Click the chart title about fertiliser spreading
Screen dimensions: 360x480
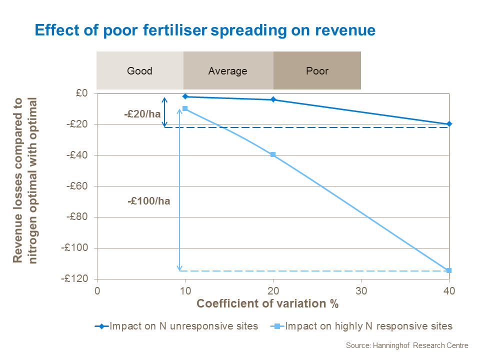[204, 30]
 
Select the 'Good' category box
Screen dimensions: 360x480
[139, 70]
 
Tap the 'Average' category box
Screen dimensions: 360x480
[228, 70]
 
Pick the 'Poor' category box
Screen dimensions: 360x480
[317, 70]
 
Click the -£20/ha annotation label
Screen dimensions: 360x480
[142, 114]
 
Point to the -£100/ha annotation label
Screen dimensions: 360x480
[149, 201]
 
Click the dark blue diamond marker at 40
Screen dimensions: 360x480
[449, 124]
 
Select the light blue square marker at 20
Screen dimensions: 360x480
[273, 154]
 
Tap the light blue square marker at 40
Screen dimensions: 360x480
[449, 270]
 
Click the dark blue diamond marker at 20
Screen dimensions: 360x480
[273, 99]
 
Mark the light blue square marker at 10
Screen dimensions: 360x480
[185, 108]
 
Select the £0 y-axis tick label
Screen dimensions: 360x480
[82, 93]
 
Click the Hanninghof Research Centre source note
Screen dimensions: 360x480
[406, 345]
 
